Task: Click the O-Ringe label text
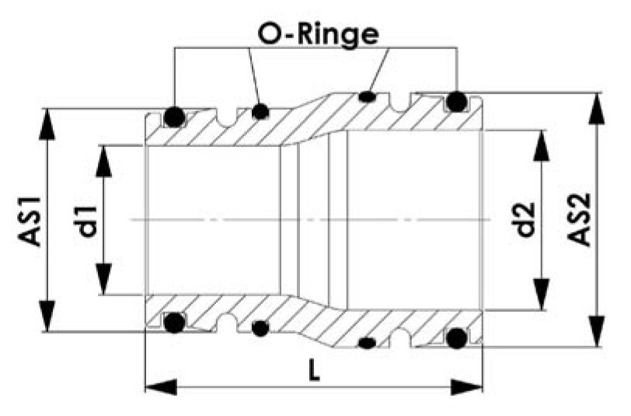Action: (318, 36)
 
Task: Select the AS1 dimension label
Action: (30, 221)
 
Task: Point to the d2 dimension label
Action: (526, 219)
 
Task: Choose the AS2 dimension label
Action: (580, 219)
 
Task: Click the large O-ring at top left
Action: (174, 117)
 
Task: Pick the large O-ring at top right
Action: (457, 102)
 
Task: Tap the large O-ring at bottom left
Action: (174, 323)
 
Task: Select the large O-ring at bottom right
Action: (457, 338)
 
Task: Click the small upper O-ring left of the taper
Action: (260, 111)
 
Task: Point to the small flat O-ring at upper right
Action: (368, 96)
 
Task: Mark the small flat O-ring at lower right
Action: (368, 343)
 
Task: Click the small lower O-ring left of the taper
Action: (260, 328)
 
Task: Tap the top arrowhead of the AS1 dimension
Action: (47, 124)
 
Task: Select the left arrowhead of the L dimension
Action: (161, 387)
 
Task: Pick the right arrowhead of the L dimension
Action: (467, 387)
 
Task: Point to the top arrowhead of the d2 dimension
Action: (542, 145)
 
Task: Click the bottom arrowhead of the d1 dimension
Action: (104, 279)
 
